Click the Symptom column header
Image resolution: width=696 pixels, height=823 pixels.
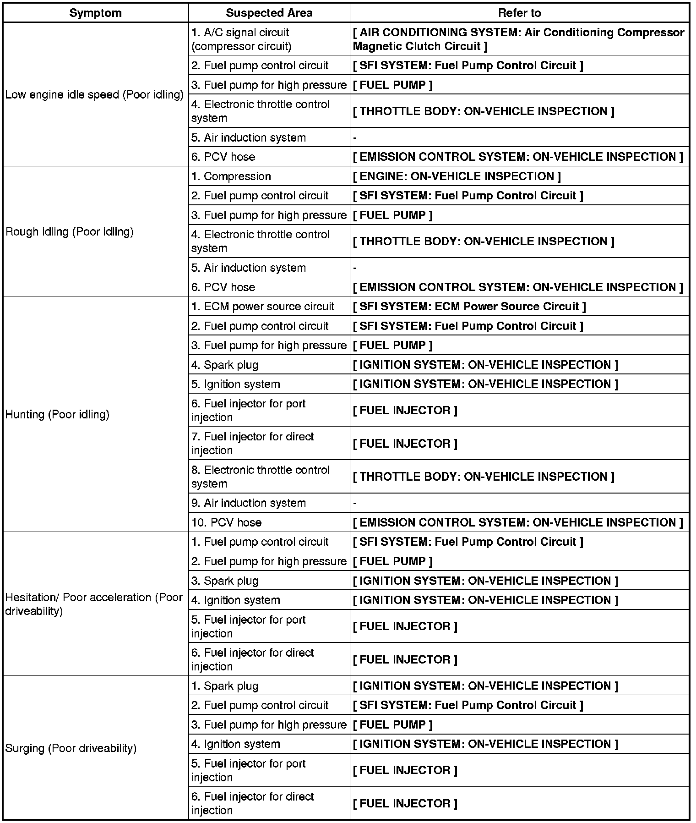click(x=95, y=13)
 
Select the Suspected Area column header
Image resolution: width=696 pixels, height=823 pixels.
click(x=269, y=13)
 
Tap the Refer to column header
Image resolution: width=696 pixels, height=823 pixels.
click(x=519, y=13)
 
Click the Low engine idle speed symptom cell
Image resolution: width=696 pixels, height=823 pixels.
click(x=94, y=94)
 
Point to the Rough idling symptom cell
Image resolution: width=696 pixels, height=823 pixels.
click(x=70, y=232)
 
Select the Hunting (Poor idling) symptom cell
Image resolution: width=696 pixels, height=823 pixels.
click(x=57, y=415)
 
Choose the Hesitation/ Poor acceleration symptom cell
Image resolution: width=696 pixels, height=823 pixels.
click(x=94, y=604)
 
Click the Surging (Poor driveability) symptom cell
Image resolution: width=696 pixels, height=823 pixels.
click(x=71, y=748)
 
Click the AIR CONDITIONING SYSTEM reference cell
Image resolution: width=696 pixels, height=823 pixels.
click(x=518, y=39)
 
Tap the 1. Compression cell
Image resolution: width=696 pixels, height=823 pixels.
click(x=231, y=176)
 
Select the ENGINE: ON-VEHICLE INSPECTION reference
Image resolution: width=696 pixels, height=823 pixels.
click(x=457, y=176)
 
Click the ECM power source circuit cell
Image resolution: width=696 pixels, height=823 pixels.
click(x=263, y=307)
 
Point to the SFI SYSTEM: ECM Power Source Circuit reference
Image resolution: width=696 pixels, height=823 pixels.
click(x=469, y=307)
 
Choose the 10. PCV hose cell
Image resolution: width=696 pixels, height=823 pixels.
click(x=227, y=522)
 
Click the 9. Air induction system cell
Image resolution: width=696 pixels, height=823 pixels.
click(x=249, y=503)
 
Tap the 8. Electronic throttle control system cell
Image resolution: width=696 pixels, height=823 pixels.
click(x=260, y=477)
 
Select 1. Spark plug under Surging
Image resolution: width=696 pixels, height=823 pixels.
click(x=225, y=686)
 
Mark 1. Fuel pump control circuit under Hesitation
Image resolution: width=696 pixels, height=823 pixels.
click(x=260, y=542)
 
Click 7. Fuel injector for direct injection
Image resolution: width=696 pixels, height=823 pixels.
click(x=252, y=443)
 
